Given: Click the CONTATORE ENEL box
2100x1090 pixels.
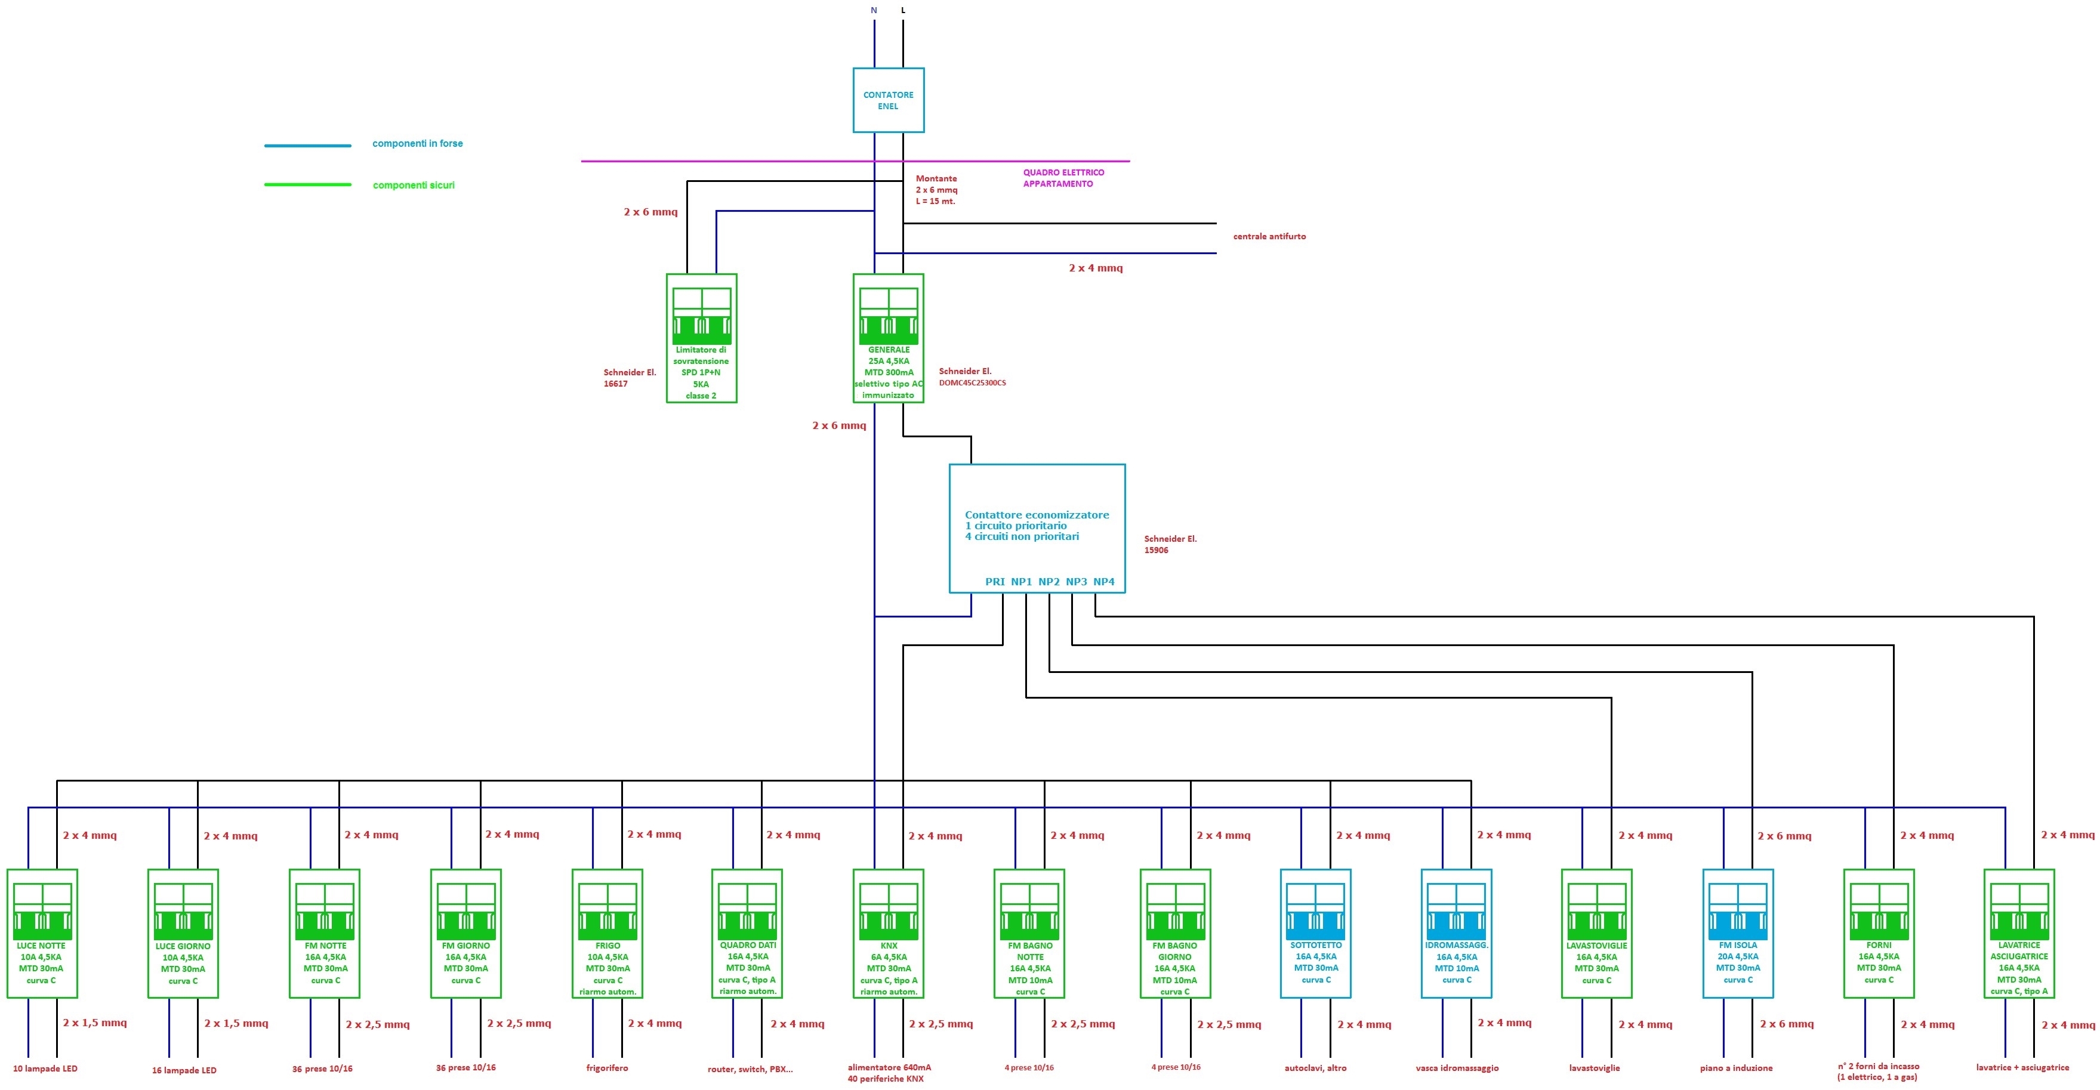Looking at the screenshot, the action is click(x=888, y=100).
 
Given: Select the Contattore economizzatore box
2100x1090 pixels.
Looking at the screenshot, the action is click(x=1037, y=528).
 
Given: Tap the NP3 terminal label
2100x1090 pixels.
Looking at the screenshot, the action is click(x=1076, y=581).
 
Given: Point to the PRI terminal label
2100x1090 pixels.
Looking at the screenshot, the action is click(x=995, y=581).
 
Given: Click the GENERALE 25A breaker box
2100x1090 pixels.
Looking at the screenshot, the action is click(x=888, y=338).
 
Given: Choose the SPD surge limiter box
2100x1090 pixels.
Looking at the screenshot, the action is click(x=701, y=338).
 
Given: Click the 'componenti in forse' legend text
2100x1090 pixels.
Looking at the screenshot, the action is click(x=417, y=144).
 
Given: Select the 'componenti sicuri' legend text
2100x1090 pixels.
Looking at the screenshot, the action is click(x=414, y=185).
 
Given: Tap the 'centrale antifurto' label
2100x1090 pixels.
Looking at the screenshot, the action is click(x=1269, y=236).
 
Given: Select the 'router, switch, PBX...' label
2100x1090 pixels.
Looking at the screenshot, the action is click(x=750, y=1069).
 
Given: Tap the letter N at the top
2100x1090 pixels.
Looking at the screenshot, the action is click(x=874, y=11).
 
